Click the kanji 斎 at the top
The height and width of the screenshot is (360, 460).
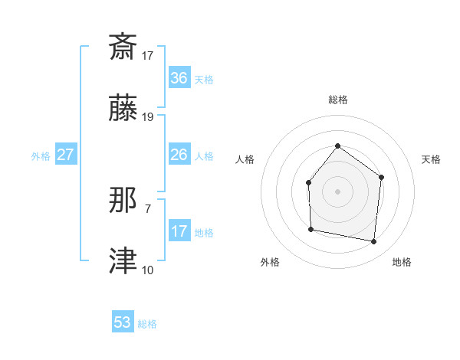(x=123, y=47)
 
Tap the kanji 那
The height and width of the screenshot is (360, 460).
(x=123, y=201)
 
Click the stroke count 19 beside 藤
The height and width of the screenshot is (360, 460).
(x=148, y=117)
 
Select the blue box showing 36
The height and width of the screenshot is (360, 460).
(x=179, y=78)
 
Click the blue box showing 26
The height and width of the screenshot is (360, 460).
(x=179, y=155)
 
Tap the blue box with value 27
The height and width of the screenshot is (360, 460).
(x=66, y=155)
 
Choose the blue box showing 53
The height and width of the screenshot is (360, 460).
(x=123, y=322)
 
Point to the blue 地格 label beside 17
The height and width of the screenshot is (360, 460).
(x=204, y=233)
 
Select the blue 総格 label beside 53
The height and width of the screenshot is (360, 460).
(x=147, y=324)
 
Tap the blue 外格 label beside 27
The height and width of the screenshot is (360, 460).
(x=41, y=156)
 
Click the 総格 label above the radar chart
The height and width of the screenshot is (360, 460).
(x=338, y=100)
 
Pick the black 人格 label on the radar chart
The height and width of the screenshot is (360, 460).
(x=245, y=159)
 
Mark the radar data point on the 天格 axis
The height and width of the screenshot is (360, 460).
(x=382, y=177)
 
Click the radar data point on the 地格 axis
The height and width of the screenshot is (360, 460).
(x=374, y=241)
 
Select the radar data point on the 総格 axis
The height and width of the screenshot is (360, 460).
(x=337, y=146)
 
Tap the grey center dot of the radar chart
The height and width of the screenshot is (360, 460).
(x=337, y=191)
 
